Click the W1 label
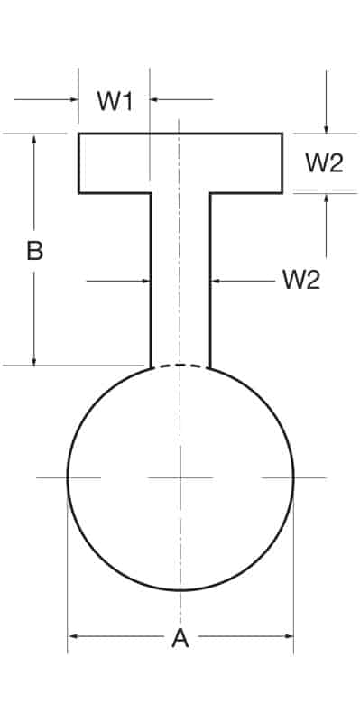[115, 100]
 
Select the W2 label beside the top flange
[324, 163]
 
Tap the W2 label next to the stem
[301, 280]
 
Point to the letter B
[34, 251]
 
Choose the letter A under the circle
[180, 639]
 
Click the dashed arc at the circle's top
[180, 364]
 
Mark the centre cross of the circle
[180, 477]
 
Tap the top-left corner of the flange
[79, 134]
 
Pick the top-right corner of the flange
[282, 134]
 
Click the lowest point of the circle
[180, 589]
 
